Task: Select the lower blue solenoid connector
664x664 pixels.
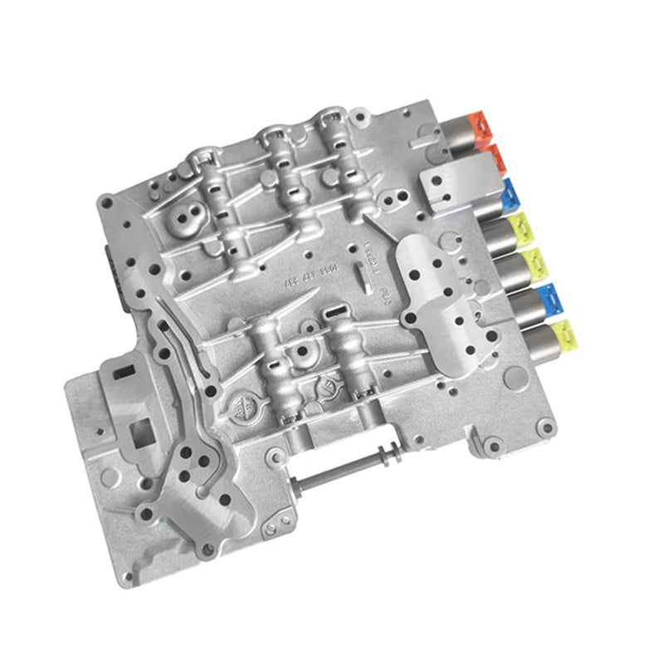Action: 551,296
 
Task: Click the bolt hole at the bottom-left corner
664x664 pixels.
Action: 127,576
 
